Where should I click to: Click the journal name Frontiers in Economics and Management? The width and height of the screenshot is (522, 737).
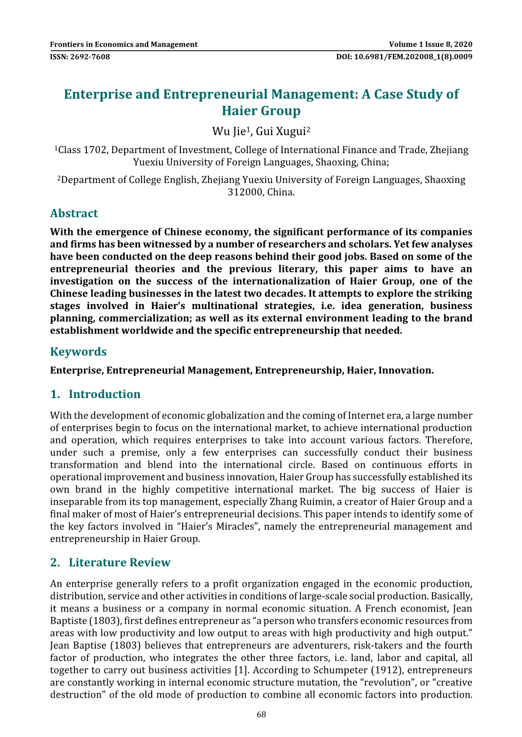pyautogui.click(x=123, y=44)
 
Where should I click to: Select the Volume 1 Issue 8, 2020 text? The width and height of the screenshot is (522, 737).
pyautogui.click(x=431, y=44)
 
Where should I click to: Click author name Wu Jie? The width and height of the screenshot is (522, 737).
pyautogui.click(x=228, y=132)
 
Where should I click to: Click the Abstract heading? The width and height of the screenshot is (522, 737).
pyautogui.click(x=74, y=213)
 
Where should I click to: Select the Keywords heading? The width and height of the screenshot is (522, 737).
pyautogui.click(x=78, y=352)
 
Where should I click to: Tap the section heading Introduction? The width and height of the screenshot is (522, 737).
pyautogui.click(x=104, y=394)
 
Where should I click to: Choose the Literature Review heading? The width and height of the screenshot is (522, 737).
pyautogui.click(x=119, y=562)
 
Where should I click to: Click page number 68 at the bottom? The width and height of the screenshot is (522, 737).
pyautogui.click(x=261, y=715)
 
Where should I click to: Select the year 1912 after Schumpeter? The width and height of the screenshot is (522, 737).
pyautogui.click(x=389, y=670)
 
